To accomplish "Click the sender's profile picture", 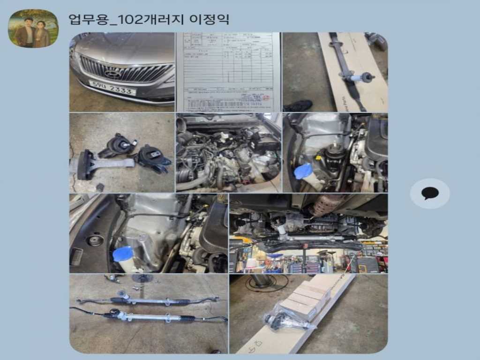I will [x=33, y=29].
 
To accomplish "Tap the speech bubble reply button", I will [x=429, y=193].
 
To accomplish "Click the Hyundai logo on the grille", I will [x=112, y=73].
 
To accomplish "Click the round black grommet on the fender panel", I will [x=97, y=240].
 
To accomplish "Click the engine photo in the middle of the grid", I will [x=228, y=152].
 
